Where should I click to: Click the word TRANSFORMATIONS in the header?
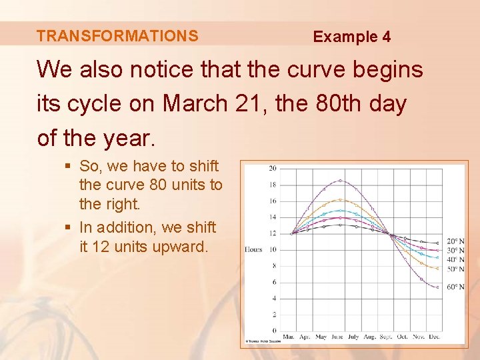(117, 36)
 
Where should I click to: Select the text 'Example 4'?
(352, 37)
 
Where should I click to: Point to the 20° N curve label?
(455, 241)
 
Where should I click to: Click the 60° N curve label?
(455, 287)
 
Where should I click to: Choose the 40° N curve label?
(455, 259)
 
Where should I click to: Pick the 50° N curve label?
(455, 268)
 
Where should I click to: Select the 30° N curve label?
(455, 251)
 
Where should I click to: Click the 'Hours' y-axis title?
(253, 249)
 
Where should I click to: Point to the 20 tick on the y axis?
(272, 168)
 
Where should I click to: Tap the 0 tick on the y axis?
(274, 330)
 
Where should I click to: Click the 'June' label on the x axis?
(337, 337)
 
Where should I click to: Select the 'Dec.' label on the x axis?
(435, 337)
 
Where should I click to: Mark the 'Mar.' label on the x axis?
(289, 337)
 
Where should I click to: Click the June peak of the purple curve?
(340, 180)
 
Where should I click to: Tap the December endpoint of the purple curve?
(437, 287)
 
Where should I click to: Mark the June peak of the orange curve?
(340, 199)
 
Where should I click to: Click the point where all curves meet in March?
(292, 233)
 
